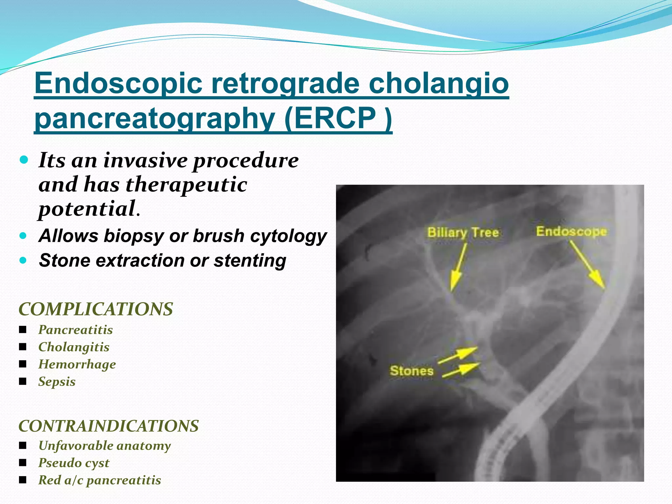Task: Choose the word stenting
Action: pyautogui.click(x=250, y=261)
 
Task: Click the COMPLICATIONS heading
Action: pyautogui.click(x=95, y=309)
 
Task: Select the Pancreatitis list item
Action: pyautogui.click(x=75, y=330)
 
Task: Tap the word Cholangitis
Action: pyautogui.click(x=74, y=347)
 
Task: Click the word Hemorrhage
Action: pyautogui.click(x=77, y=365)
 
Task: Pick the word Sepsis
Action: pyautogui.click(x=57, y=382)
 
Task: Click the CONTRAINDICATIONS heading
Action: pyautogui.click(x=109, y=426)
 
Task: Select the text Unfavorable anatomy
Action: pyautogui.click(x=104, y=446)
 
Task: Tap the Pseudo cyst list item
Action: pyautogui.click(x=74, y=463)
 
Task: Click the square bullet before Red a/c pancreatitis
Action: pyautogui.click(x=23, y=480)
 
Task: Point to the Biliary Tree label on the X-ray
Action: pyautogui.click(x=463, y=233)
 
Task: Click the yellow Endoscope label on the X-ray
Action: pyautogui.click(x=571, y=232)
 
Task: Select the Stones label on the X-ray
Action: pyautogui.click(x=411, y=371)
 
